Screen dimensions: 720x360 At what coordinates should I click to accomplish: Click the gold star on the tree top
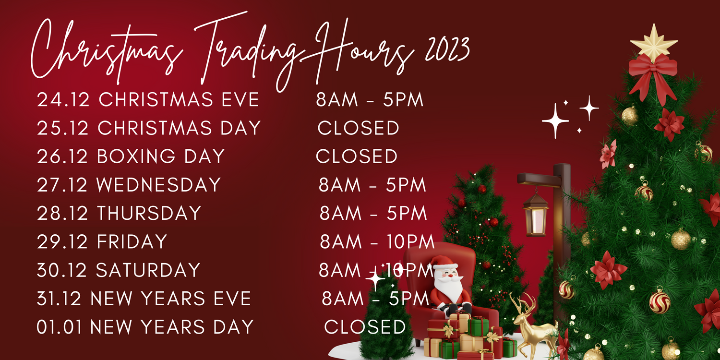coord(653,43)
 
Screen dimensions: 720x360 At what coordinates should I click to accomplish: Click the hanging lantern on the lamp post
coord(536,214)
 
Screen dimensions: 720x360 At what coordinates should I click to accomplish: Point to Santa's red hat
coord(443,262)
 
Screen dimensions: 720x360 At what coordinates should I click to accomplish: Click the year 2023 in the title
coord(447,49)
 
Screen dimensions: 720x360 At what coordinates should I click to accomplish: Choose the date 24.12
coord(63,99)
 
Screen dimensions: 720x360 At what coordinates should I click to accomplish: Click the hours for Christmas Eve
coord(370,99)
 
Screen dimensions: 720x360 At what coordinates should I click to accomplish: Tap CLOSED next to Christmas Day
coord(359,128)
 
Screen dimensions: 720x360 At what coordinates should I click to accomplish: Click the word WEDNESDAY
coord(158,184)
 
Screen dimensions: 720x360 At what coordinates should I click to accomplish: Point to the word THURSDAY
coord(149,213)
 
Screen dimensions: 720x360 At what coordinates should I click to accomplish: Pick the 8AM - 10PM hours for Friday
coord(377,241)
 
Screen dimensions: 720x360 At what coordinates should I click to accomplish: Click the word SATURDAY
coord(148,270)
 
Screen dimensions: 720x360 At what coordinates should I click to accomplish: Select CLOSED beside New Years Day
coord(365,326)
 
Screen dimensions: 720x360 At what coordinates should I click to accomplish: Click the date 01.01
coord(59,326)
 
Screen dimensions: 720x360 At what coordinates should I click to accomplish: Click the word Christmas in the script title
coord(106,51)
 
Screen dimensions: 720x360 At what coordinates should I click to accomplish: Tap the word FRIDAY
coord(132,241)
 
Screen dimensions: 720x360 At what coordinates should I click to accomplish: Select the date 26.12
coord(62,156)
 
